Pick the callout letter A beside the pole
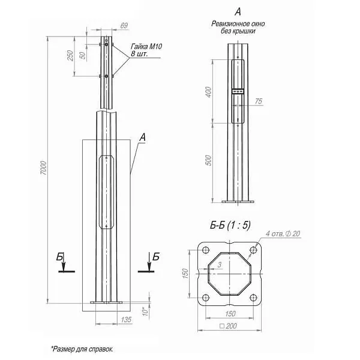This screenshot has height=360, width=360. tap(142, 137)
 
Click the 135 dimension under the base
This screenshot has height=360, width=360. tap(127, 320)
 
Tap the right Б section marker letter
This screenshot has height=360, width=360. tap(156, 257)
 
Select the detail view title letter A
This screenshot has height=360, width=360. tap(238, 11)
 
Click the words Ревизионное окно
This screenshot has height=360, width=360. tap(238, 23)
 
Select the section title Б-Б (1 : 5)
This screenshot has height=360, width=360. tap(230, 225)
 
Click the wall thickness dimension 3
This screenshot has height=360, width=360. tap(221, 264)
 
